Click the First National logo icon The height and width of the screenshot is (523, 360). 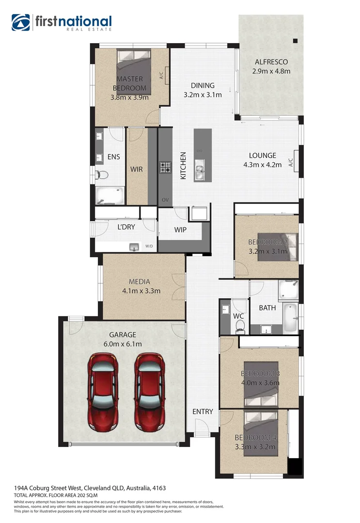pyautogui.click(x=20, y=22)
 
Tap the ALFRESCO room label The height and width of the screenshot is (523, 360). pyautogui.click(x=271, y=62)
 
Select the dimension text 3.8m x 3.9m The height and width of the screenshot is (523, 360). pyautogui.click(x=129, y=97)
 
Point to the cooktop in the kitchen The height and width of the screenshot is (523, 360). pyautogui.click(x=166, y=167)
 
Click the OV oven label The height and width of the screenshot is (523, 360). pyautogui.click(x=165, y=200)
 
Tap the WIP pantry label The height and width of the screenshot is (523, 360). pyautogui.click(x=180, y=230)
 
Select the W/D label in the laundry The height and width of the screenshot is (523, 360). pyautogui.click(x=149, y=247)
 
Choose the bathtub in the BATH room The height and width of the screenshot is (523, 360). pyautogui.click(x=290, y=317)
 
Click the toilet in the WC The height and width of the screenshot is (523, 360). pyautogui.click(x=240, y=328)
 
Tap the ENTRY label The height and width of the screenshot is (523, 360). pyautogui.click(x=203, y=412)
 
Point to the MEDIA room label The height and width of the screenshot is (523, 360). pyautogui.click(x=139, y=281)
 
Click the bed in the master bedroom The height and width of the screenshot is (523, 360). pyautogui.click(x=134, y=73)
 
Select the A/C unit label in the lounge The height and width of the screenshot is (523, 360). pyautogui.click(x=291, y=162)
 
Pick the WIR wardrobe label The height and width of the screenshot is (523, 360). pyautogui.click(x=136, y=169)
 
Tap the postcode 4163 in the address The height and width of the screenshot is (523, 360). pyautogui.click(x=159, y=488)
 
